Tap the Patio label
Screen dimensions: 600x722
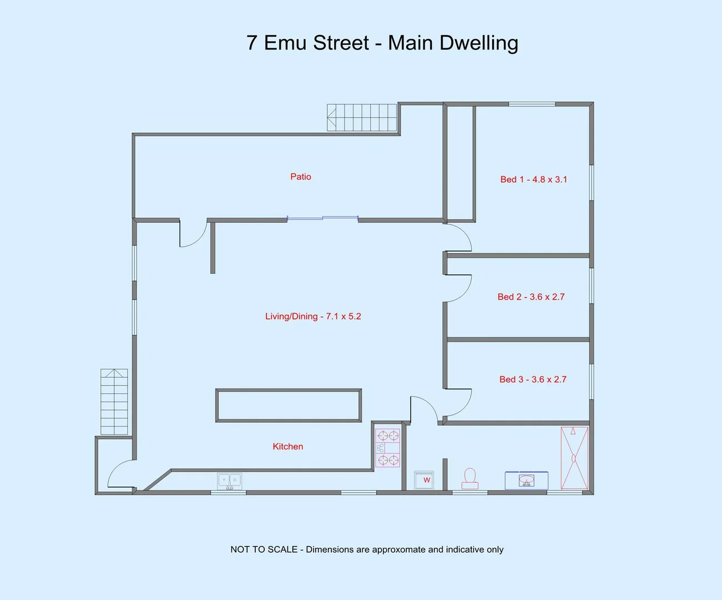click(300, 177)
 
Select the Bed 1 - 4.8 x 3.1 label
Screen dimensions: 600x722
click(533, 179)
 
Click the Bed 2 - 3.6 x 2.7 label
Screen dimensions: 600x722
click(531, 297)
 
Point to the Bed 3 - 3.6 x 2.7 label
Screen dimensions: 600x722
click(532, 379)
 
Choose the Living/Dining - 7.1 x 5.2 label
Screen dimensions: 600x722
click(313, 316)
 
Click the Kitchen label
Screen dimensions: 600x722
click(287, 447)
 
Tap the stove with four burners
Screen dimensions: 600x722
click(387, 448)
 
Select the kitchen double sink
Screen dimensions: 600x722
click(229, 481)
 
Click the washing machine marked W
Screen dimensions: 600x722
click(425, 480)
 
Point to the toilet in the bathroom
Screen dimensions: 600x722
click(470, 479)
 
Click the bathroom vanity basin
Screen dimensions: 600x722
click(526, 480)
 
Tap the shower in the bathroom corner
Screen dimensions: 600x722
click(574, 458)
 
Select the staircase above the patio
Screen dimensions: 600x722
click(362, 117)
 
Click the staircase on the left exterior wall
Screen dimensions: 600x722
click(114, 402)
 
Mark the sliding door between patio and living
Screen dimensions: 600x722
click(322, 218)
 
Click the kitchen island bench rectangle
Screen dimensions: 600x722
click(289, 406)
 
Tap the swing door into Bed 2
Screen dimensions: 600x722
click(459, 288)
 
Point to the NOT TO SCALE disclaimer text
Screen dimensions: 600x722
click(367, 549)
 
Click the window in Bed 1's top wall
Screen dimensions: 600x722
click(532, 104)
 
